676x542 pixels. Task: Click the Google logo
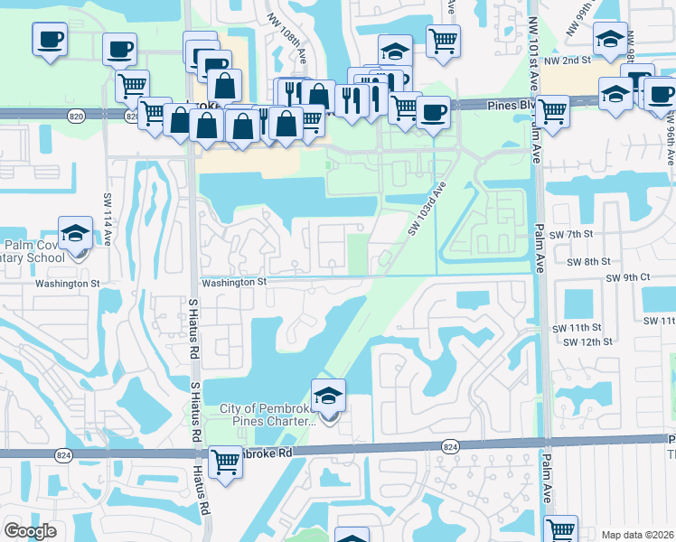[x=30, y=531]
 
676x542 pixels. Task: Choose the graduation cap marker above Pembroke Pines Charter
[x=327, y=397]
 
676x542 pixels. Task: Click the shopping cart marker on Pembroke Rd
[x=225, y=462]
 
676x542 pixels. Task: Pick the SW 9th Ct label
[x=627, y=278]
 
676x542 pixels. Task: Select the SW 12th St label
[x=587, y=342]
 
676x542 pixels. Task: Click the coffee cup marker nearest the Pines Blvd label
[x=433, y=112]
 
